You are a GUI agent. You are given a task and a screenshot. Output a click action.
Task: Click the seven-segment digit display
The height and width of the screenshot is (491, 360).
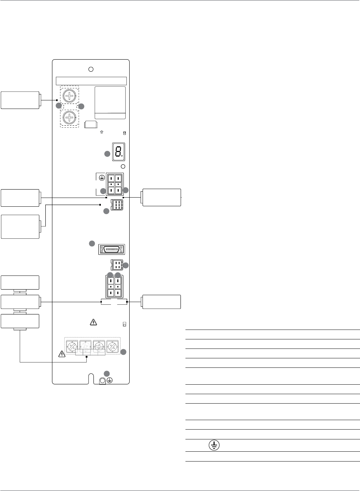(x=118, y=152)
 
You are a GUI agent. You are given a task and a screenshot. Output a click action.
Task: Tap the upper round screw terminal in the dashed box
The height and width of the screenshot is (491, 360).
(x=70, y=96)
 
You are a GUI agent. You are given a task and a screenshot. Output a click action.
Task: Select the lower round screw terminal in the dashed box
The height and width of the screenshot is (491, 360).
(x=70, y=118)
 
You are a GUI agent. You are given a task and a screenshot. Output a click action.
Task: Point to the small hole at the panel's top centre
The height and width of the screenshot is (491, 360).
(x=91, y=69)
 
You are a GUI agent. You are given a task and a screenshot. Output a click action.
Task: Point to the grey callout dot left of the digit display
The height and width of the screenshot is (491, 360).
(x=107, y=154)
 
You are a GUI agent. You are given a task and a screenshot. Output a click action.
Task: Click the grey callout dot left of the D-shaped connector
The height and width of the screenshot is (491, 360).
(x=92, y=243)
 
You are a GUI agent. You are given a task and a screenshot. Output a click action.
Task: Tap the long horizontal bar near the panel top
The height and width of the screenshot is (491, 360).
(x=91, y=81)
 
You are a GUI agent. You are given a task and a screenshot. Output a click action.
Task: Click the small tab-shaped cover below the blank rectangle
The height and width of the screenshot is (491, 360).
(x=91, y=125)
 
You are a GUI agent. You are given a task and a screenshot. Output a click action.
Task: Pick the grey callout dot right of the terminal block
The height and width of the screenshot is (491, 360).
(x=124, y=352)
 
